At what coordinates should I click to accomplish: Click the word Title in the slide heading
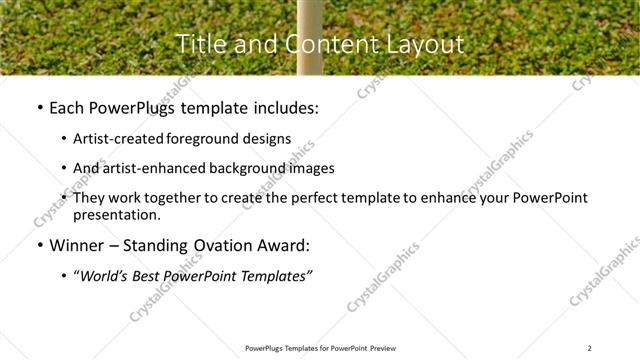[x=200, y=44]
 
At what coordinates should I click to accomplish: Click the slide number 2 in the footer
[x=590, y=347]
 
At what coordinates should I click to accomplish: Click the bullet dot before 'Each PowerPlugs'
[x=38, y=108]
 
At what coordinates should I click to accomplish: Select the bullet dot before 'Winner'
[x=38, y=245]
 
